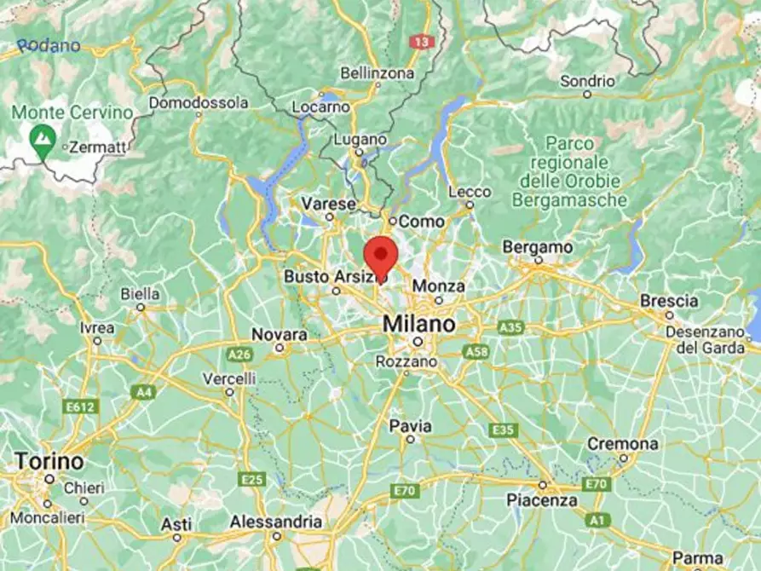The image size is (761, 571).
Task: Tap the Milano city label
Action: click(418, 325)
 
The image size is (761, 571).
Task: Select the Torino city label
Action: click(49, 462)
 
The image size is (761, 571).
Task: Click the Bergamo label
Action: click(537, 246)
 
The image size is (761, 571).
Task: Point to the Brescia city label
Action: click(669, 301)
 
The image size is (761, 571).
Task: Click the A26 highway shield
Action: click(239, 354)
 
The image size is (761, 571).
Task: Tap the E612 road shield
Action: click(81, 407)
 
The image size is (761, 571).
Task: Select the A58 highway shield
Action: click(477, 351)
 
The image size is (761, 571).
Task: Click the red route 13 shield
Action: click(421, 41)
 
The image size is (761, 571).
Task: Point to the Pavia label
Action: click(410, 425)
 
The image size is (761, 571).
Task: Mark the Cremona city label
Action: click(622, 444)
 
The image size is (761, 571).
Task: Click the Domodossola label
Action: click(199, 103)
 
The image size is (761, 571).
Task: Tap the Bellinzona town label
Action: click(377, 73)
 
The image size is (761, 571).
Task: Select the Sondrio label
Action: click(587, 82)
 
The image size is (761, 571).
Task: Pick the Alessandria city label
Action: click(277, 522)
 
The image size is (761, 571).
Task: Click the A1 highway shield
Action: click(598, 520)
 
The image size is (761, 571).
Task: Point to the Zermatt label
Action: click(96, 147)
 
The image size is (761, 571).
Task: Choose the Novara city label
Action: click(280, 334)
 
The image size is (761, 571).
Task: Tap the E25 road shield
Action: click(252, 479)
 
